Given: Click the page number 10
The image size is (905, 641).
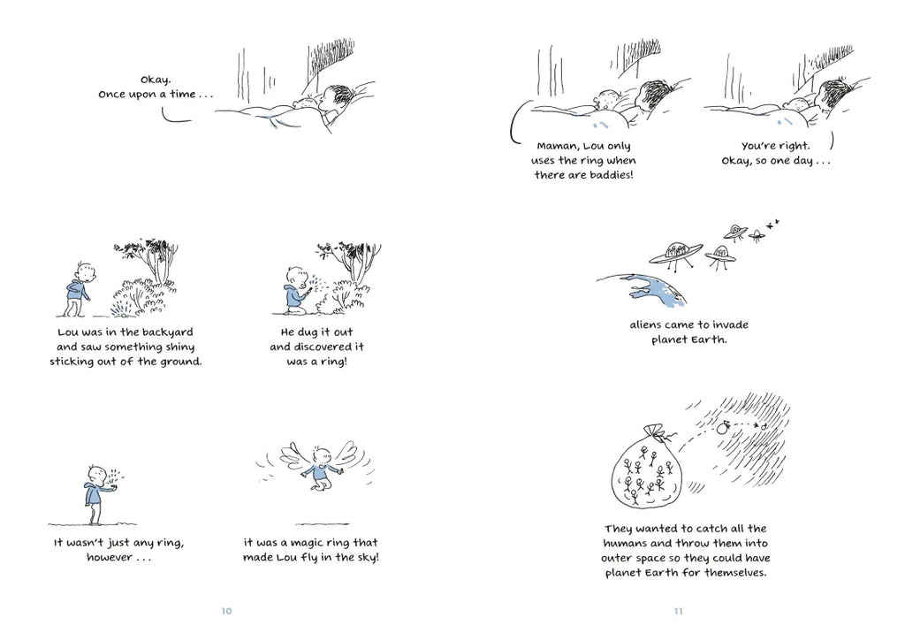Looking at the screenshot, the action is pos(226,611).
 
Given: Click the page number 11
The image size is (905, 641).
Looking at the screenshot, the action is pos(678,611).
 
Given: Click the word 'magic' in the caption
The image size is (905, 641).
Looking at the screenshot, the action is pos(323,544).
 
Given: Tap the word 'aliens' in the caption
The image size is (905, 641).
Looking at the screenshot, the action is pos(645,324).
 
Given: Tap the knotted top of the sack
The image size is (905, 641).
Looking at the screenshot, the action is pos(653,432).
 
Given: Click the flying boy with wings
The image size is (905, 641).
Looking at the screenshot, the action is pos(318,465).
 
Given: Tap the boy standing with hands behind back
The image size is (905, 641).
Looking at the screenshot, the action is pos(77,290).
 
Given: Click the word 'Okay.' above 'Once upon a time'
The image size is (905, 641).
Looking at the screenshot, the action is pos(156,80).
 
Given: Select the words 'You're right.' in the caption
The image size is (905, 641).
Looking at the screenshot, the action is pos(775,147).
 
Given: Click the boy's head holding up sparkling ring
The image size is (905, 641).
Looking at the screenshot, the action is pos(97,475).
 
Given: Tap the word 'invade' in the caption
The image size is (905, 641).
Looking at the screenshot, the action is pos(730,324).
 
